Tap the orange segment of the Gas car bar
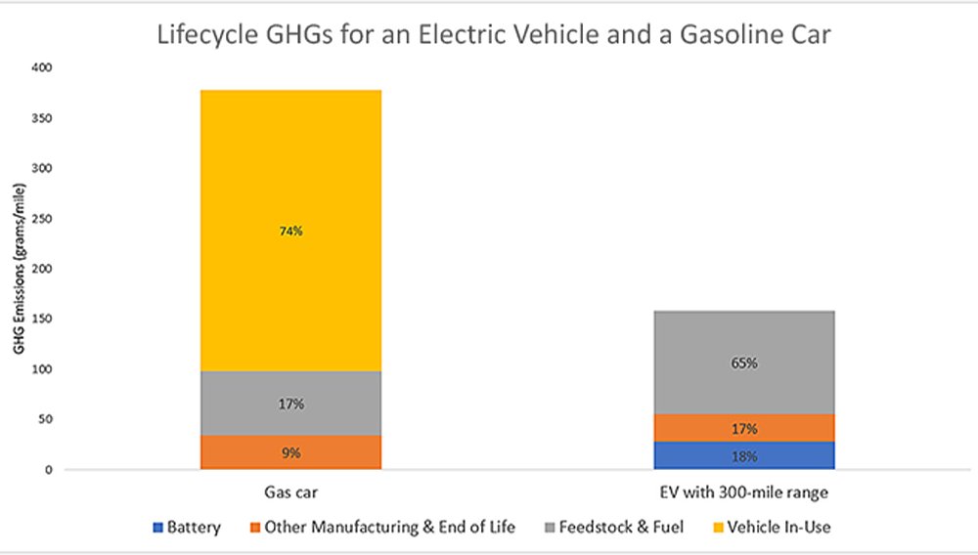290,459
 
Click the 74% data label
290,232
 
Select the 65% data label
744,363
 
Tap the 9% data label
290,452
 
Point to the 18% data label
744,455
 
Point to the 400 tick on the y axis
41,67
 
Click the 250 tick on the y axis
41,218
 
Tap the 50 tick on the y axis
44,419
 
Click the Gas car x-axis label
290,494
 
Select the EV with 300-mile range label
744,494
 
